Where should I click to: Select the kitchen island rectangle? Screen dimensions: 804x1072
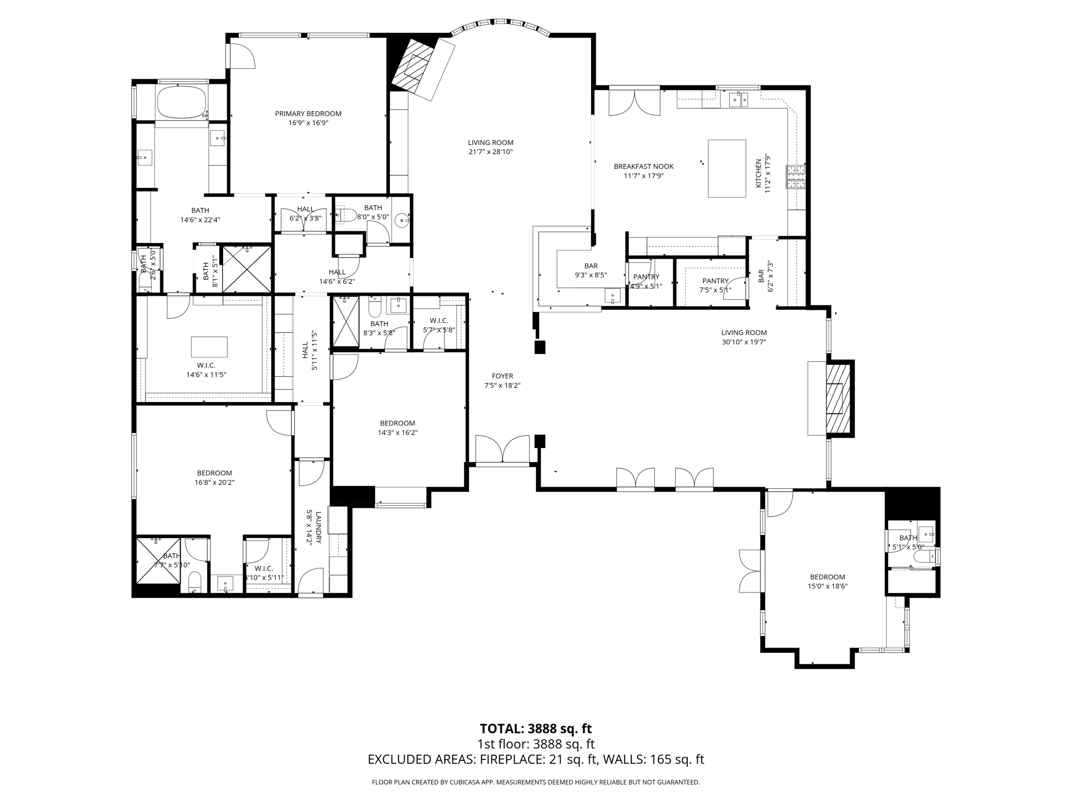click(x=727, y=169)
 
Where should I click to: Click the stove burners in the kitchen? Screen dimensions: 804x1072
click(x=795, y=177)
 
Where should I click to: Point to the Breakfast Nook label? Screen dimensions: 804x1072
click(x=643, y=166)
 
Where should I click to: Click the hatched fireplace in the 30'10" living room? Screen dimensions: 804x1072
click(x=836, y=398)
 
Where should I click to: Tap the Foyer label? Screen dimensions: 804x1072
click(x=502, y=376)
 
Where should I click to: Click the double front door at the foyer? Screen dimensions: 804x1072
click(x=502, y=450)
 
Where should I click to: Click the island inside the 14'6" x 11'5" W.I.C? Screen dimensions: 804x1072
click(x=209, y=347)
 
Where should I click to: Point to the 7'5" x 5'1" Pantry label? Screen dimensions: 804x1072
click(x=715, y=281)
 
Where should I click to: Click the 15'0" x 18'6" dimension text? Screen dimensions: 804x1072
click(x=827, y=586)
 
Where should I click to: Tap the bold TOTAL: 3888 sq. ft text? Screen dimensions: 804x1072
click(x=535, y=729)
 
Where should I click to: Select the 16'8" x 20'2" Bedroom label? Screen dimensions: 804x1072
click(x=214, y=473)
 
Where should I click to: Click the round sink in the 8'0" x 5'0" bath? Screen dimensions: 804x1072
click(x=402, y=220)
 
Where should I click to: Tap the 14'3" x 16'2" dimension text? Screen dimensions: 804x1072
click(x=397, y=432)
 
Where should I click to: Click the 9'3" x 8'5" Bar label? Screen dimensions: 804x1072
click(x=590, y=266)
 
